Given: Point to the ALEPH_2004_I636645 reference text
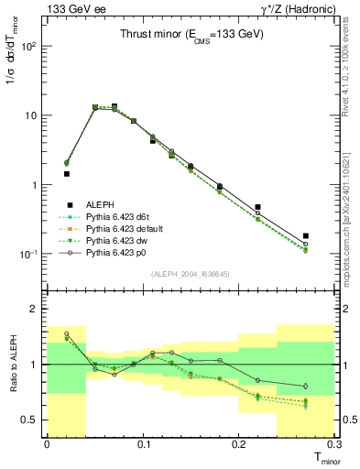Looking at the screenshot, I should (191, 273).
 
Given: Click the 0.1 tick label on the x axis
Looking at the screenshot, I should (142, 444).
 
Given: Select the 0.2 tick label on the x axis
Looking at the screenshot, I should (238, 444).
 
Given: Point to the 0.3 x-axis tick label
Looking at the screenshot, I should (333, 444).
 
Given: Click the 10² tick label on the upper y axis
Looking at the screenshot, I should (31, 46).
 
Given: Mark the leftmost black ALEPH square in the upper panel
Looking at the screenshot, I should (66, 173).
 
